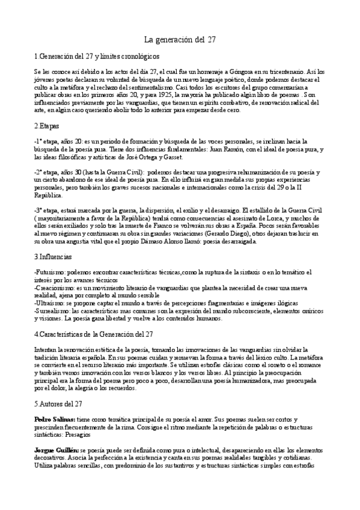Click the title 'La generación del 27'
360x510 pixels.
click(x=180, y=40)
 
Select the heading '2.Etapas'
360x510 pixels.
click(x=47, y=127)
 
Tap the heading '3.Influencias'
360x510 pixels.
click(x=53, y=256)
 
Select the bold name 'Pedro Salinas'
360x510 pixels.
click(x=54, y=417)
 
